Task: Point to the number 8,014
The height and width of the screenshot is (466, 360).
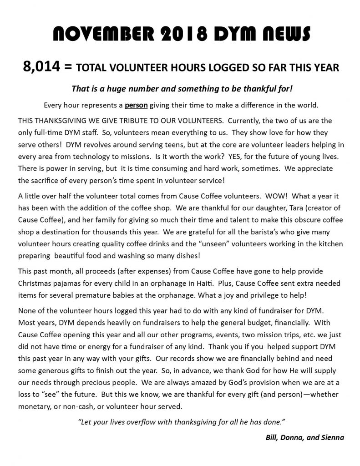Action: pos(41,67)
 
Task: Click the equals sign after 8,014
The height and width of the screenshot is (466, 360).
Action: pos(68,67)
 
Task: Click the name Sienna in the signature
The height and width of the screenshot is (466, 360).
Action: pos(332,438)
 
